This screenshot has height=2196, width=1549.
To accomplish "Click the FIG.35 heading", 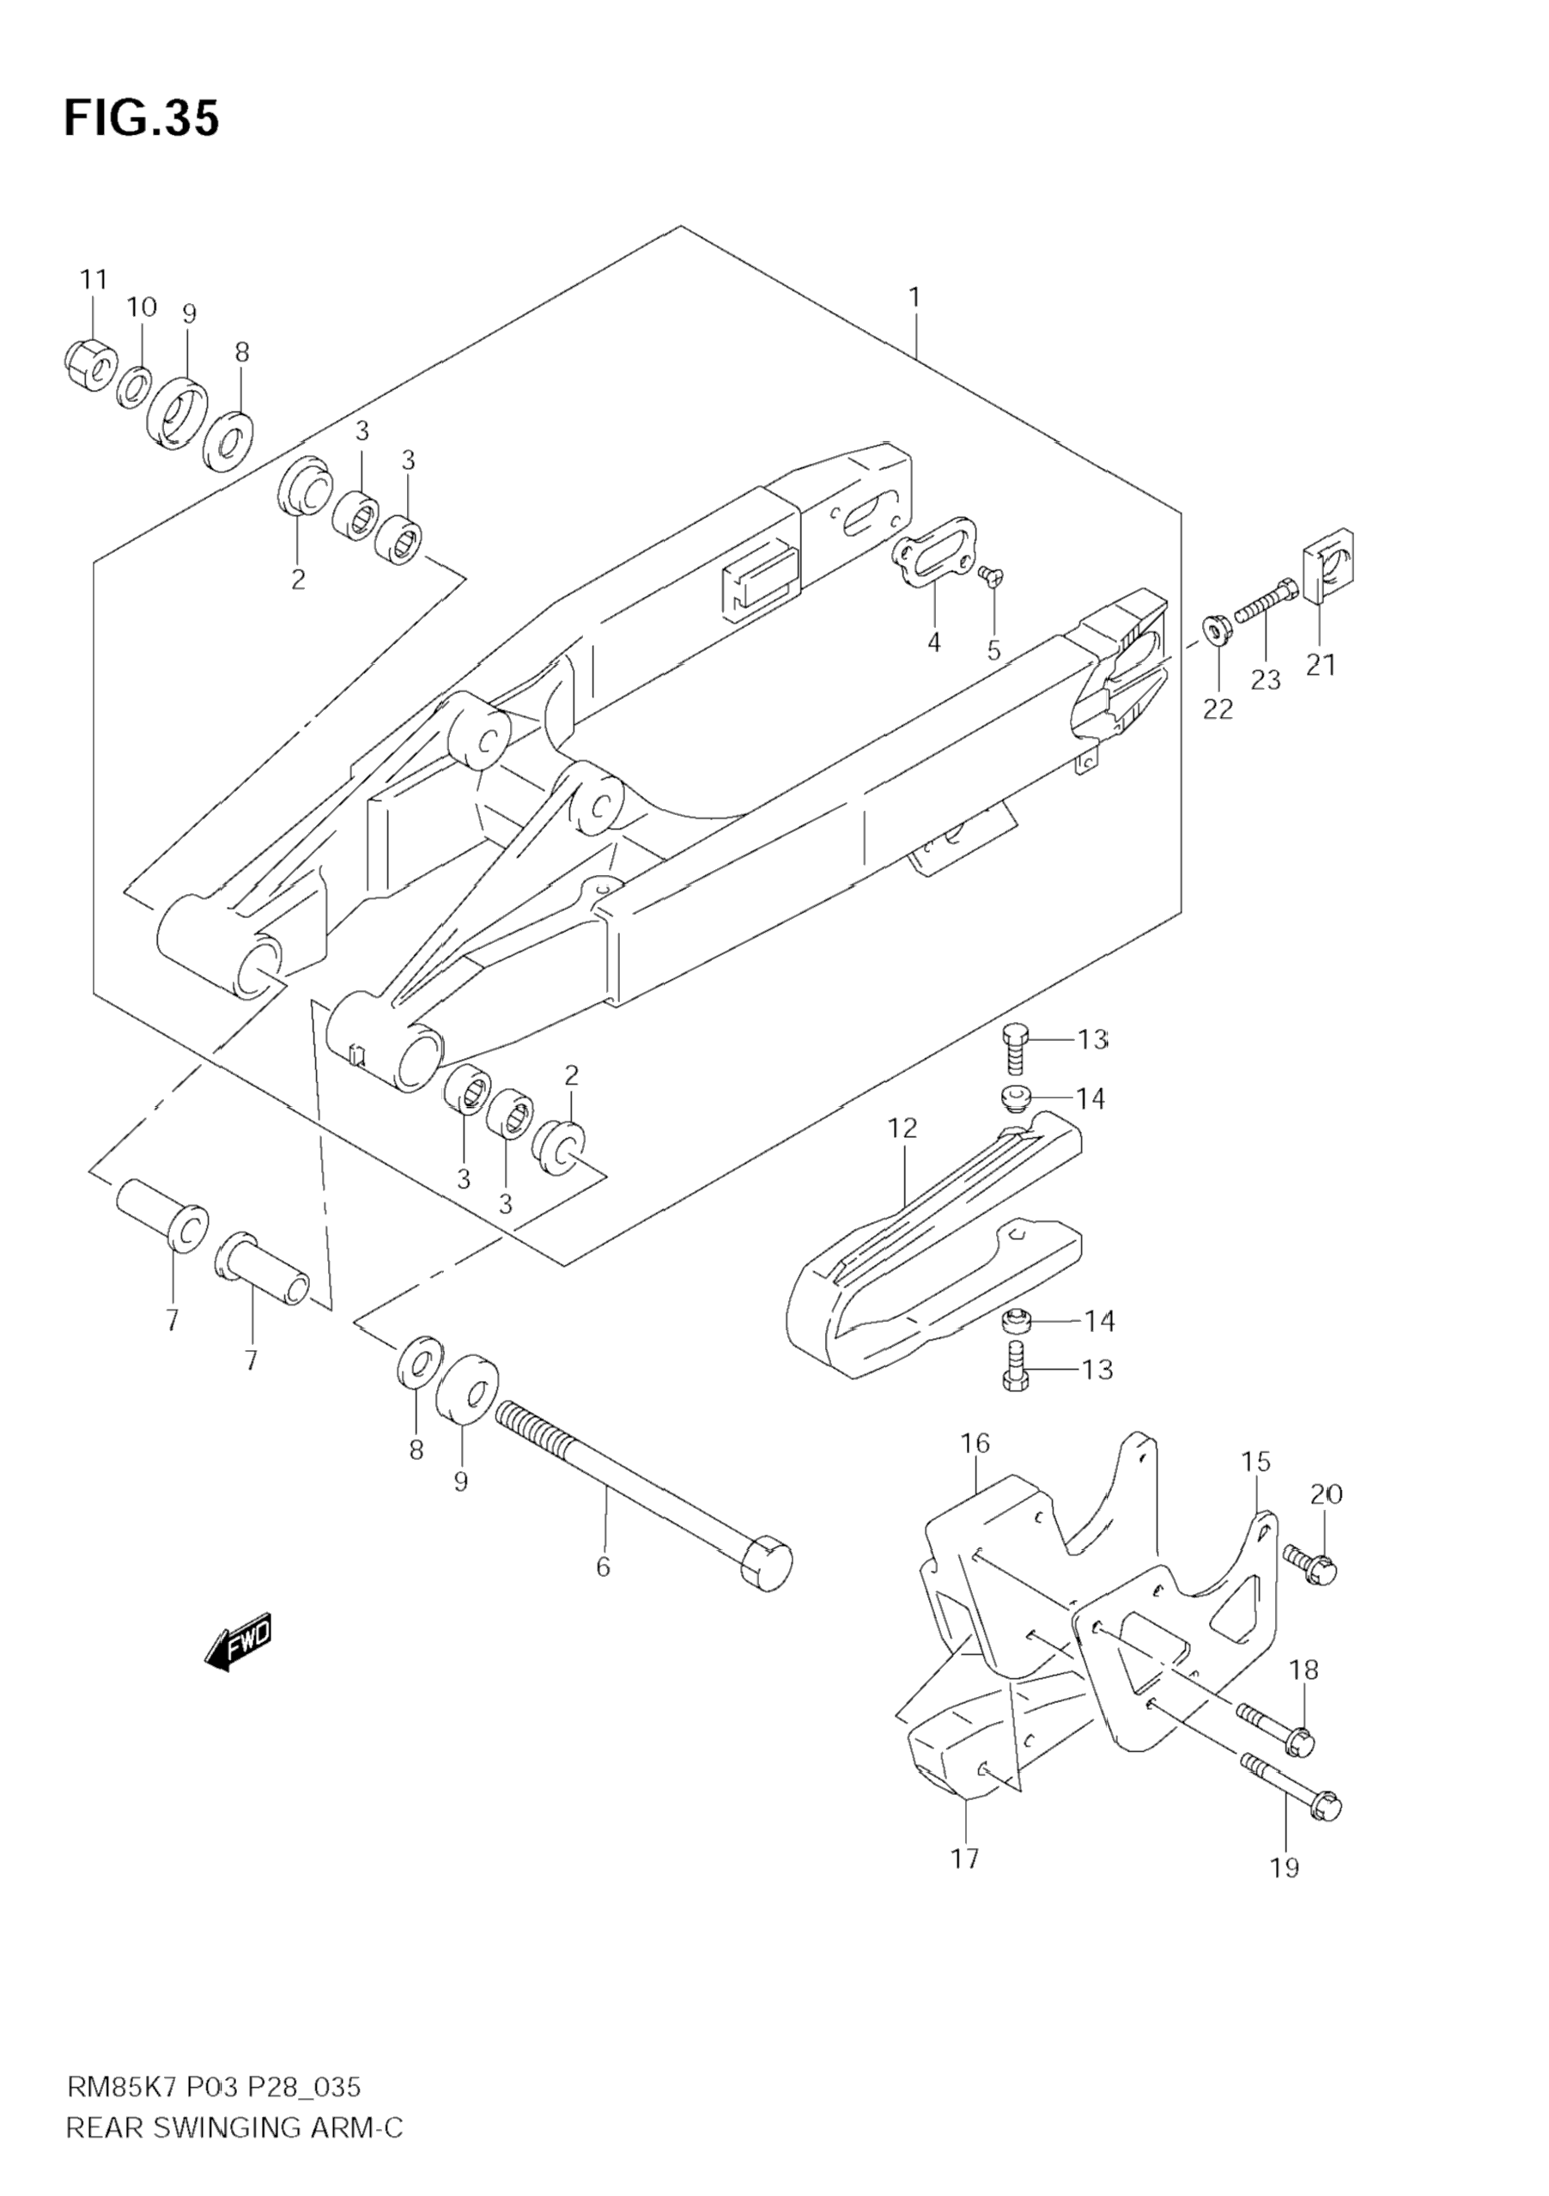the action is click(x=142, y=119).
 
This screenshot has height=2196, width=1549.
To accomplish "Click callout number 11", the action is click(x=93, y=280).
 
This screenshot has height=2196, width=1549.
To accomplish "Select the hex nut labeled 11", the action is click(x=91, y=363).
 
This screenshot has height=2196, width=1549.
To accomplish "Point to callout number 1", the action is click(x=915, y=297).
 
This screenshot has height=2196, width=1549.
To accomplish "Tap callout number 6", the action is click(x=603, y=1566).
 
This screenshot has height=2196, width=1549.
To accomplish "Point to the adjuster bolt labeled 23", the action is click(x=1265, y=600).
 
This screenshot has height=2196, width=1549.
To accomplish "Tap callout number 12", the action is click(x=902, y=1128).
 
